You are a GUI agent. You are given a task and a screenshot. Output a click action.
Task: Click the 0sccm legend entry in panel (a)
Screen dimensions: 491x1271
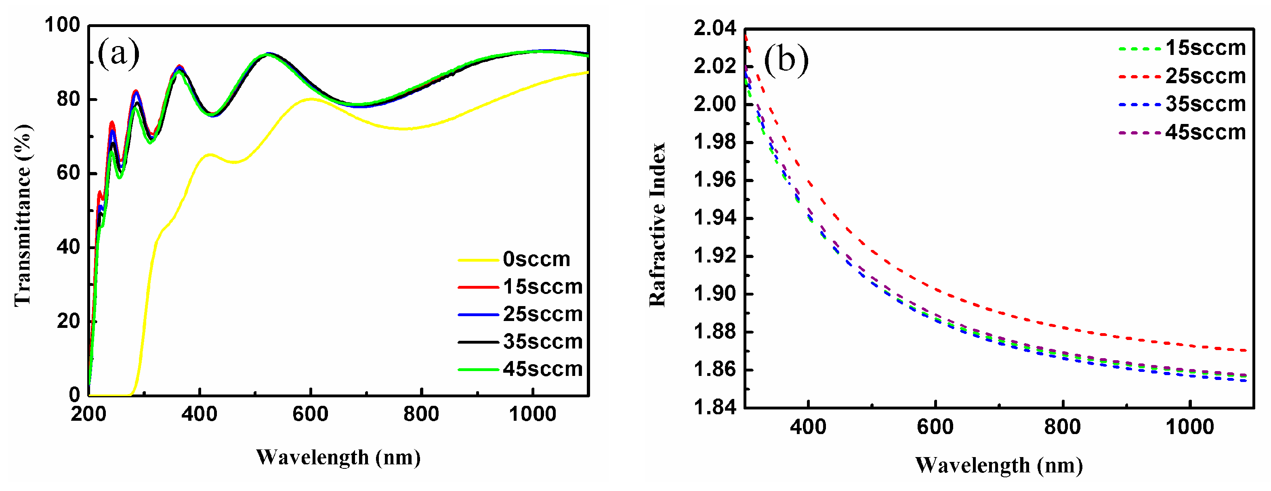(536, 259)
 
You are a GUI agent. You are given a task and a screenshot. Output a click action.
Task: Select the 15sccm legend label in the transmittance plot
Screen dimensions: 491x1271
(542, 287)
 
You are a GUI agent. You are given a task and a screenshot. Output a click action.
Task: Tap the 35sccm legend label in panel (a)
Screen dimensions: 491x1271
(542, 342)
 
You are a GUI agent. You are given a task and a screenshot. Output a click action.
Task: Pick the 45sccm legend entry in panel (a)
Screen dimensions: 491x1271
(542, 369)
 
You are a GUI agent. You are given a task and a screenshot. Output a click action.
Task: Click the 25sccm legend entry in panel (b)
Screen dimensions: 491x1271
(1206, 76)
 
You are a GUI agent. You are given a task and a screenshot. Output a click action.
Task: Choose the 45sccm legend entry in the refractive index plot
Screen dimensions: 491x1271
(1206, 132)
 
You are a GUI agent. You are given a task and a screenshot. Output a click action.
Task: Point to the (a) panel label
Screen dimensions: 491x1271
(118, 53)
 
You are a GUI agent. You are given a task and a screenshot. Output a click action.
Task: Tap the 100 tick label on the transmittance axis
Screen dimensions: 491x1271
(62, 25)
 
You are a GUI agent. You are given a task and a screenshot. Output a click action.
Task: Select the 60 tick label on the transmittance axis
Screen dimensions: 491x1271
(68, 173)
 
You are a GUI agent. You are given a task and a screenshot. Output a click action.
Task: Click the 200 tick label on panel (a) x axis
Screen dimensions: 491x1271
(88, 414)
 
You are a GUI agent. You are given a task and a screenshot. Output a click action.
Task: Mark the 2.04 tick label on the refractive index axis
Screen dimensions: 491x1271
(714, 28)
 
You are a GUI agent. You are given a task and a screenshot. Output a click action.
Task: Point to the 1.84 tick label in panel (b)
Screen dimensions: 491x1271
(714, 407)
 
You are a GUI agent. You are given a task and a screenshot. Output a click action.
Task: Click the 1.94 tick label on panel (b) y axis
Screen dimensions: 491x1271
(714, 218)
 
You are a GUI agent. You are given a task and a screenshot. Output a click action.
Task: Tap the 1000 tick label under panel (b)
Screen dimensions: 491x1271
(1189, 427)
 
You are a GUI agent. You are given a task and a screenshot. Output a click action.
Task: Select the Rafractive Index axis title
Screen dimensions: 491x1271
(657, 225)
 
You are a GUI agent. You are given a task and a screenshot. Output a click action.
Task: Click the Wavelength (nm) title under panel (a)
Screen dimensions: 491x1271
(338, 457)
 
